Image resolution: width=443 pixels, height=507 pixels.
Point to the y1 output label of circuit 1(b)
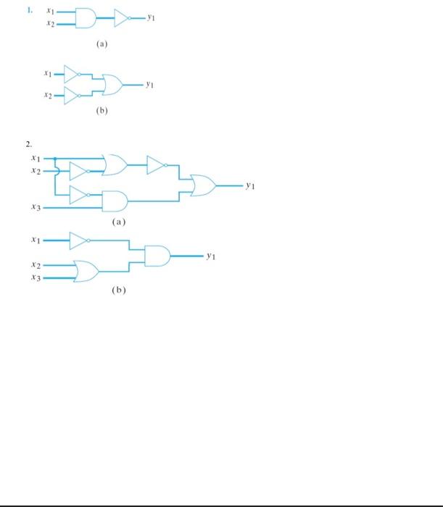[149, 85]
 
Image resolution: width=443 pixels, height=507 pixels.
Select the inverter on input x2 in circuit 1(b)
[74, 93]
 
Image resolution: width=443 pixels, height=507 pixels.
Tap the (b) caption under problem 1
[102, 113]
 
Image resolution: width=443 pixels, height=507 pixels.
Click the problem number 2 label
[30, 143]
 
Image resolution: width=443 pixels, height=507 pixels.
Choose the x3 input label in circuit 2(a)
[35, 207]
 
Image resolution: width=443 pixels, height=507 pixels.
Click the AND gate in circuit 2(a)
[115, 201]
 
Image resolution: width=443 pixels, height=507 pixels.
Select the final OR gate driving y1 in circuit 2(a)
[202, 185]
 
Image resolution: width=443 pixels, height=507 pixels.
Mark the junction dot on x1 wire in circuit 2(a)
[54, 158]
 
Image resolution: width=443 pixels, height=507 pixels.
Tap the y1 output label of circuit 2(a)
[250, 186]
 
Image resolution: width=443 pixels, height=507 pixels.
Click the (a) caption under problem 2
[119, 222]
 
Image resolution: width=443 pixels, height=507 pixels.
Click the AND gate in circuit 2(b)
[157, 256]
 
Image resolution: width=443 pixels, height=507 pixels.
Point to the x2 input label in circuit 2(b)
[35, 266]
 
